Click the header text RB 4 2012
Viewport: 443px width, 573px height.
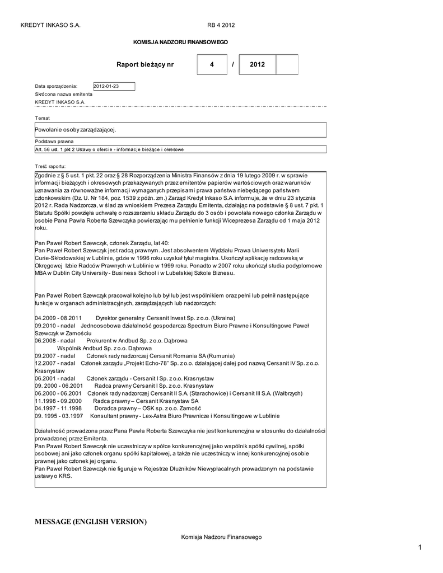click(x=221, y=25)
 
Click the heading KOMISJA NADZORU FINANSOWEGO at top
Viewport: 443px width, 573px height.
click(x=180, y=43)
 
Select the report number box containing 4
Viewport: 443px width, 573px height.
click(x=212, y=65)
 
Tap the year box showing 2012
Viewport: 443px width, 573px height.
click(x=258, y=65)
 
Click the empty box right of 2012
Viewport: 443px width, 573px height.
click(x=287, y=65)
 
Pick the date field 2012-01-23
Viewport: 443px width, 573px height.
click(x=114, y=86)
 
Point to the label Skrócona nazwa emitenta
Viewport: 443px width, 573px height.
click(x=64, y=95)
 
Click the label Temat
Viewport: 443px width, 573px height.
click(x=43, y=118)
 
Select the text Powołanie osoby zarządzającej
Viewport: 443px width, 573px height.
click(x=76, y=130)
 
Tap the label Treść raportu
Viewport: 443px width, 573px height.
click(x=50, y=166)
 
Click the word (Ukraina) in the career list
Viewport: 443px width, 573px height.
click(x=212, y=318)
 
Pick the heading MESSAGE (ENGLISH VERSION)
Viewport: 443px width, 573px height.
click(x=91, y=522)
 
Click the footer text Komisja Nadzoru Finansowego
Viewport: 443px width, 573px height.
click(x=221, y=537)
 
